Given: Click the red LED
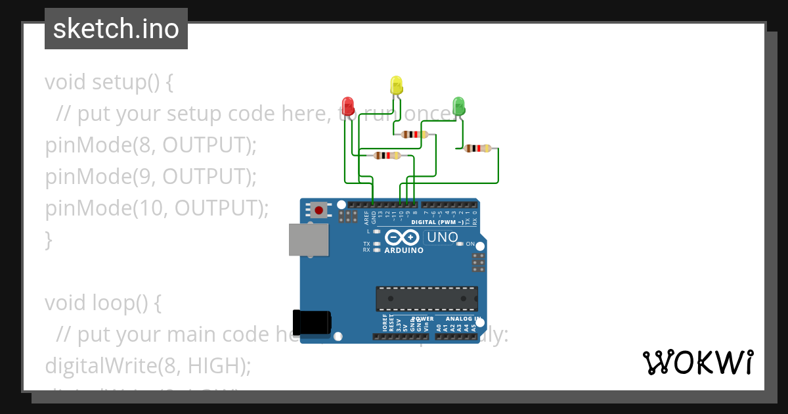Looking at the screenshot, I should pyautogui.click(x=348, y=106).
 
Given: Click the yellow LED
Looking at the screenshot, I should pyautogui.click(x=396, y=85).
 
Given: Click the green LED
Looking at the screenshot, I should pyautogui.click(x=458, y=106).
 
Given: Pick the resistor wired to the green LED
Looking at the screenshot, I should pyautogui.click(x=477, y=149).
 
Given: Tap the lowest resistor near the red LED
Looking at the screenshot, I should pyautogui.click(x=387, y=156).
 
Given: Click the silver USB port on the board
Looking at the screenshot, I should pyautogui.click(x=309, y=239).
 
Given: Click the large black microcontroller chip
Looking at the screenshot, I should pyautogui.click(x=426, y=298).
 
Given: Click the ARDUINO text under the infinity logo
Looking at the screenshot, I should pyautogui.click(x=404, y=250).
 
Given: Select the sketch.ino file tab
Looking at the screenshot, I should pyautogui.click(x=116, y=29).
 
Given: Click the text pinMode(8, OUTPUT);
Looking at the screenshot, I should pyautogui.click(x=150, y=145).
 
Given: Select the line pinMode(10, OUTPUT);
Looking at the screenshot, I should pyautogui.click(x=157, y=208).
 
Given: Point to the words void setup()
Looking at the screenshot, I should pyautogui.click(x=102, y=82).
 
